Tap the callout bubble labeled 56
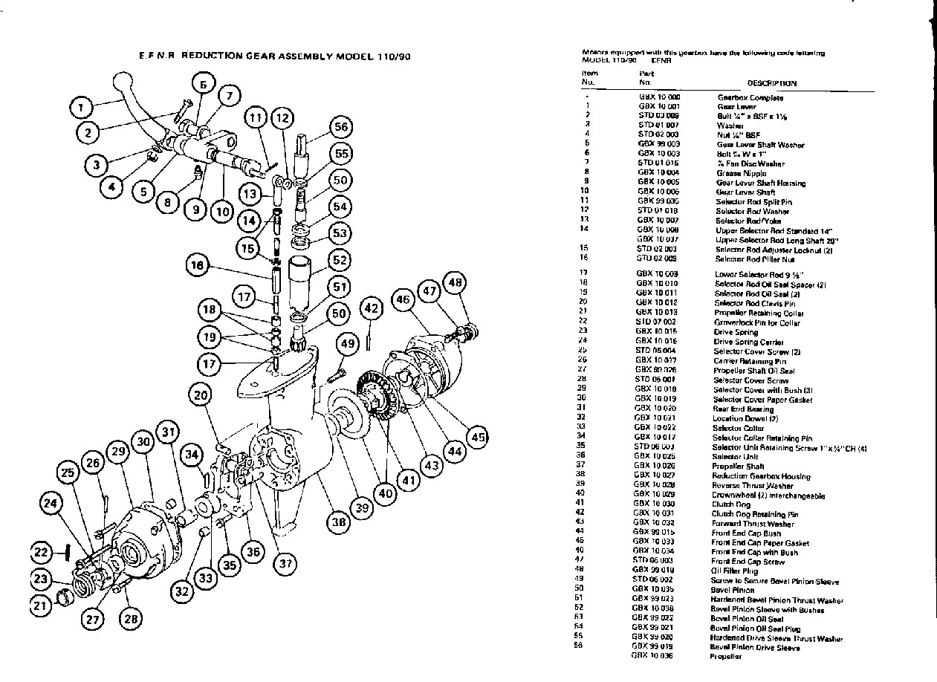(341, 127)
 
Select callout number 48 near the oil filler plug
(455, 282)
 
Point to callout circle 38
(339, 522)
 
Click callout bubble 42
(372, 307)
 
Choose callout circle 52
(340, 261)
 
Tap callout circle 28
(131, 617)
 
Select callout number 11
(256, 117)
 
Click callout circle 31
(169, 432)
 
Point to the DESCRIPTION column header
(771, 83)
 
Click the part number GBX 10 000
(658, 97)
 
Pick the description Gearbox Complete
(750, 97)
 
